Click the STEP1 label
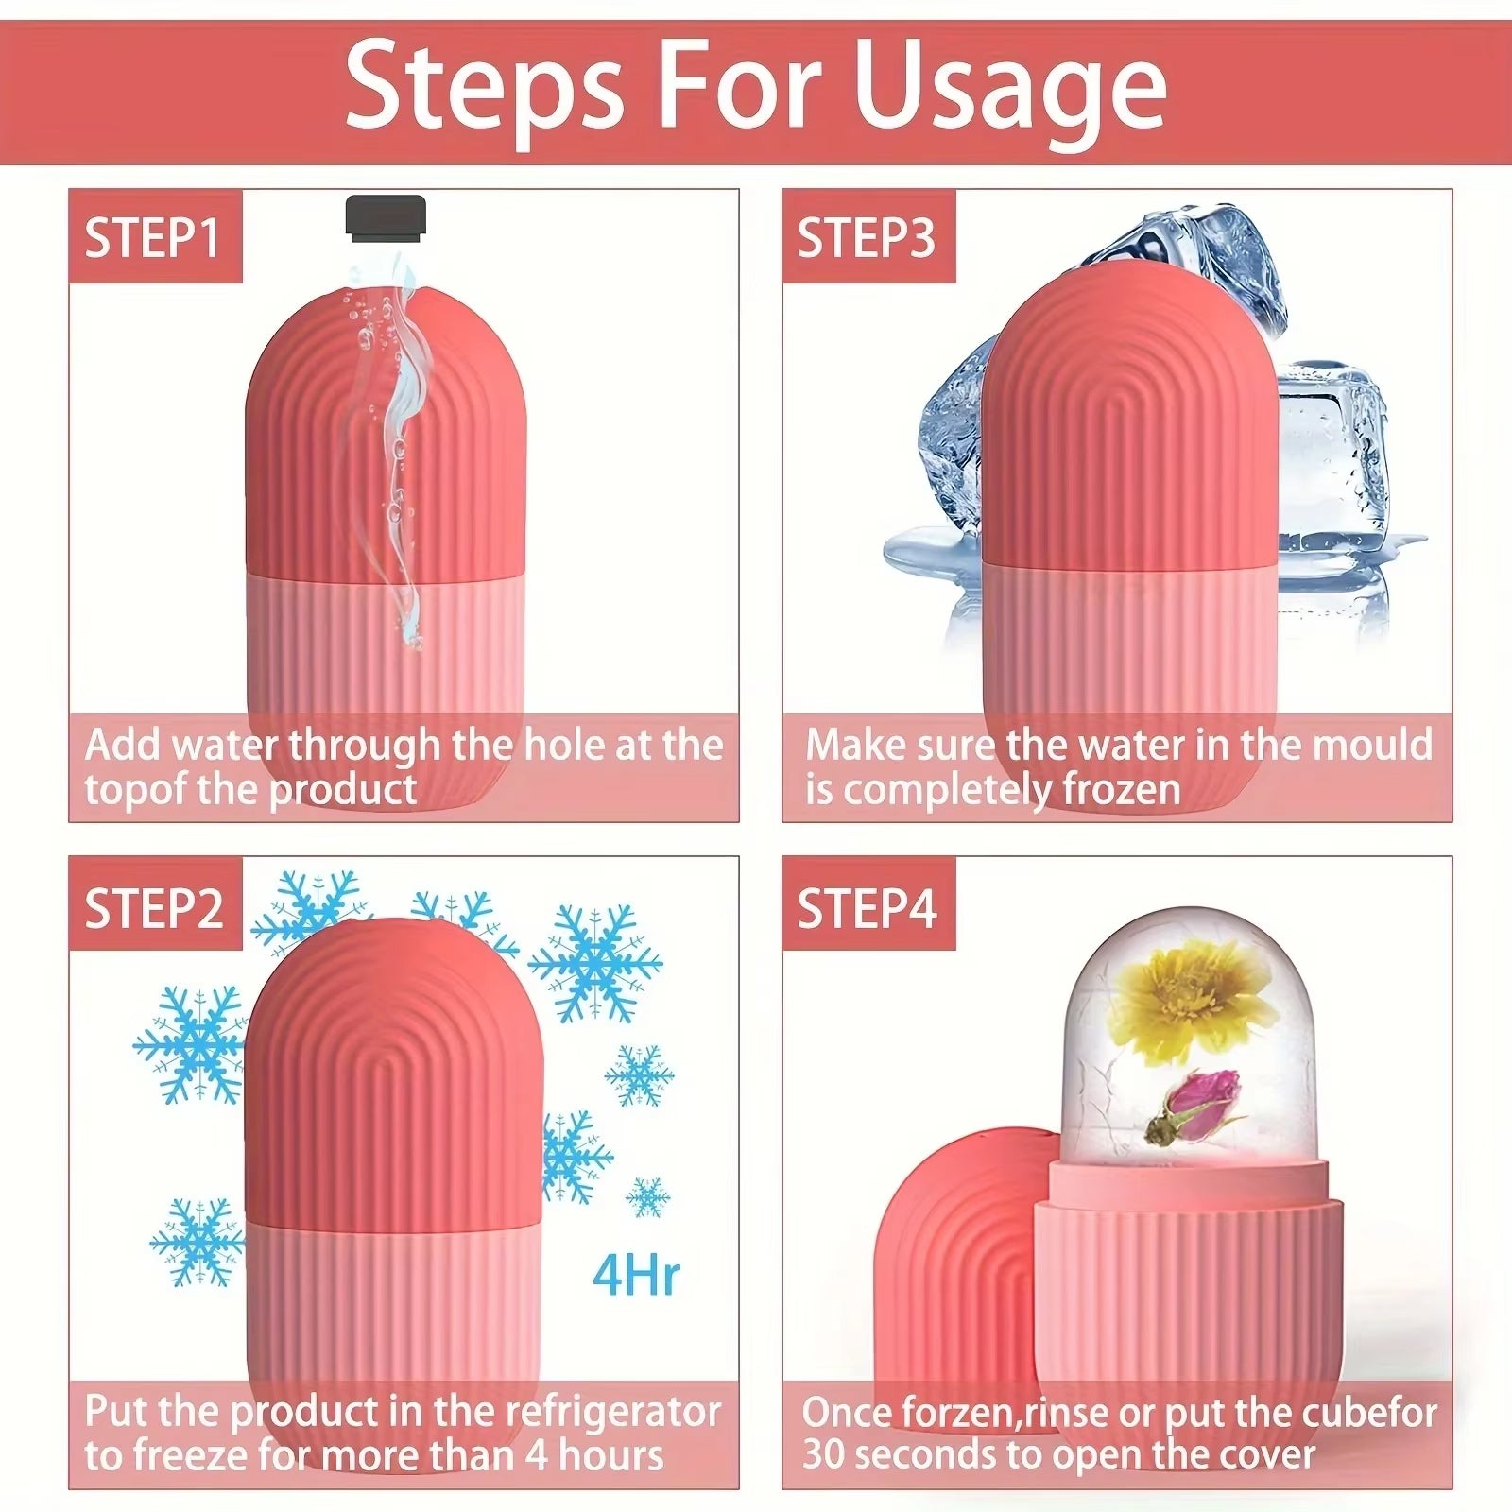coord(153,238)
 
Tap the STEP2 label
coord(154,908)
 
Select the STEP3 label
coord(867,238)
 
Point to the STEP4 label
coord(867,908)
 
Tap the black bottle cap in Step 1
coord(386,216)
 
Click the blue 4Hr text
coord(636,1276)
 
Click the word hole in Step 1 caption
coord(565,746)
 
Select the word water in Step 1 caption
coord(226,746)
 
